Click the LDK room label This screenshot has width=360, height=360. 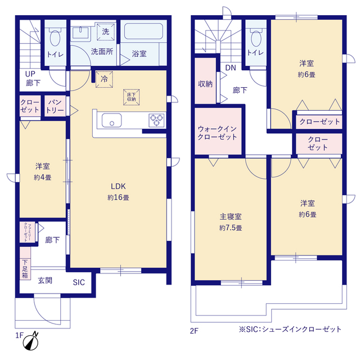119,187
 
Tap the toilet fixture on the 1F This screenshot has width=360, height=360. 55,38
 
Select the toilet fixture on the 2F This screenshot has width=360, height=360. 256,38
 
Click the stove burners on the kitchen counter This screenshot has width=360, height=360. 156,120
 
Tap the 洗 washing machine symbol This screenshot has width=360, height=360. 105,31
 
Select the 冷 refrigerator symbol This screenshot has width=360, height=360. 104,79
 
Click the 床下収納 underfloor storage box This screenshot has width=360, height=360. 130,96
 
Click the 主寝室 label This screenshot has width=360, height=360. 231,217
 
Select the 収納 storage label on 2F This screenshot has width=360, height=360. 205,84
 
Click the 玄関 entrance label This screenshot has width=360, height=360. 46,280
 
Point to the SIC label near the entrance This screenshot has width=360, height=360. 78,282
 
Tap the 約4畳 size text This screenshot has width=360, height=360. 42,177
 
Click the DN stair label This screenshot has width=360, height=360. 231,68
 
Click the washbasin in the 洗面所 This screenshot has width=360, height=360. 83,33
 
